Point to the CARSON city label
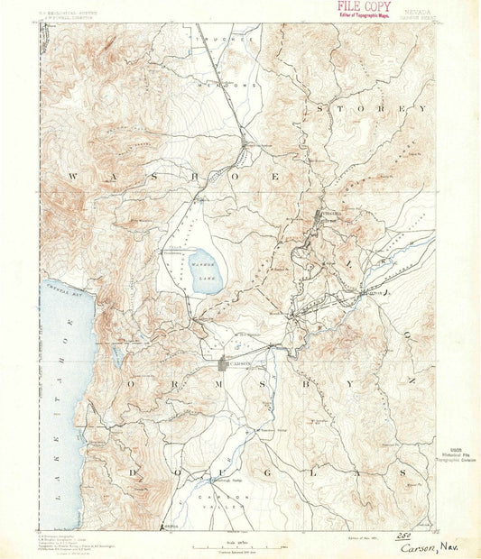[239, 363]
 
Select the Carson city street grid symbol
[225, 363]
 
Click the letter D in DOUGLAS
[133, 472]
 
